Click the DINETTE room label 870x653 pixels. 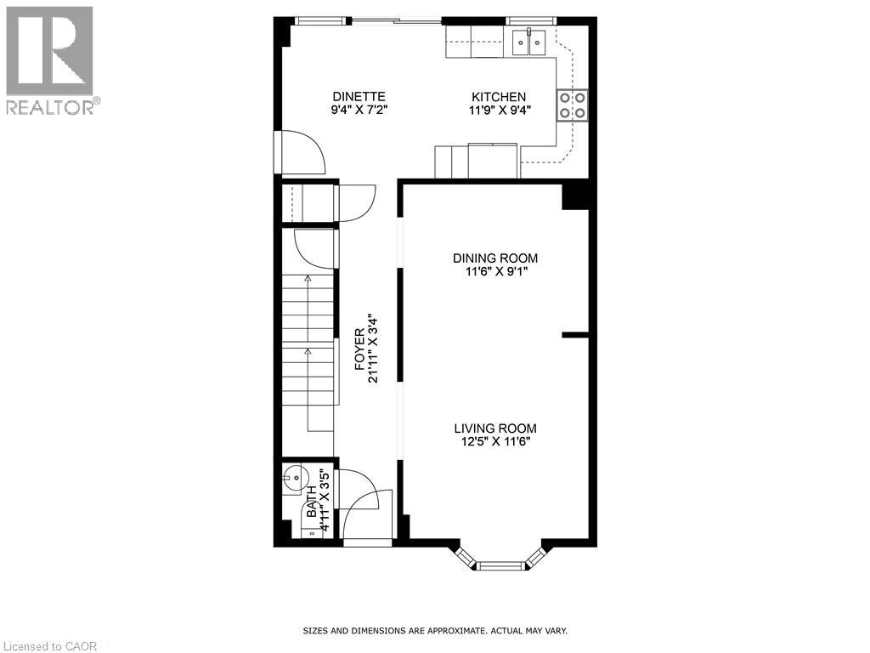[x=359, y=96]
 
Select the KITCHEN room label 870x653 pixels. [x=499, y=96]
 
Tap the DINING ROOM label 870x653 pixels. [x=494, y=258]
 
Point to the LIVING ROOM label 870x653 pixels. [x=494, y=429]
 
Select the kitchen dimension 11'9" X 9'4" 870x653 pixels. [x=499, y=110]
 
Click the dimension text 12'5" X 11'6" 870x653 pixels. [x=494, y=441]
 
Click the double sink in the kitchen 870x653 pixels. [x=528, y=39]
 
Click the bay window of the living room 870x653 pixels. [x=499, y=561]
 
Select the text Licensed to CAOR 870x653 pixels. [x=50, y=646]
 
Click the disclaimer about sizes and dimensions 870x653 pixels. [x=435, y=631]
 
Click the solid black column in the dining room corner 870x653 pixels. [x=575, y=196]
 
